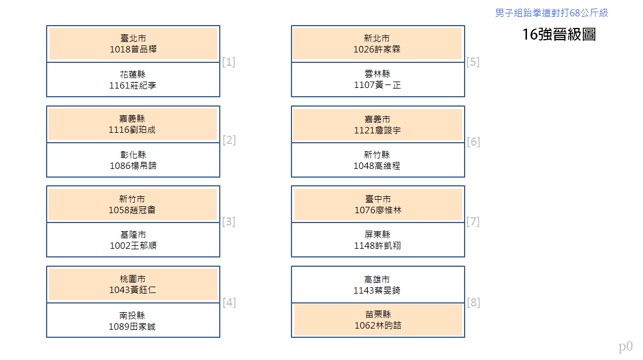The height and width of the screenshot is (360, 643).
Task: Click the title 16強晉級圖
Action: click(559, 34)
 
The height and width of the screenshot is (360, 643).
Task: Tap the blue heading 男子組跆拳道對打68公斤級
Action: click(551, 13)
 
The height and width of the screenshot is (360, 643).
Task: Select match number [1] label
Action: click(229, 62)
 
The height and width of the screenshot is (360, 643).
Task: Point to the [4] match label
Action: click(229, 303)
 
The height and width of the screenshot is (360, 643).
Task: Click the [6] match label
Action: click(473, 142)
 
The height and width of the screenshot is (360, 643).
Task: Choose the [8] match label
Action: click(473, 303)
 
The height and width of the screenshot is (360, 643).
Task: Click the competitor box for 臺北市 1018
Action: click(133, 44)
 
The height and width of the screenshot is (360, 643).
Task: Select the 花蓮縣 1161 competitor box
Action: click(133, 79)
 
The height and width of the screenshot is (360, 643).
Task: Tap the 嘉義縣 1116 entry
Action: click(133, 124)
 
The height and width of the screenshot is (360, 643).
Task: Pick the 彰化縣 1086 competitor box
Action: click(133, 160)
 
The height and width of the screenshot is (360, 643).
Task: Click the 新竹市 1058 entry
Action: click(133, 204)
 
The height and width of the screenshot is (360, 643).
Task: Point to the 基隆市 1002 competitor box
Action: click(133, 240)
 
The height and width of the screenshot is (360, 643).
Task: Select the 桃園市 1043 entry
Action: click(133, 285)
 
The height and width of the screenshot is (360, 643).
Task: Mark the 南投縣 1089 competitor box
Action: click(133, 320)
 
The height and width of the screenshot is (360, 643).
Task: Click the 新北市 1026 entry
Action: click(378, 44)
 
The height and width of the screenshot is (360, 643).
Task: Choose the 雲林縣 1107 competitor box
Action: click(378, 79)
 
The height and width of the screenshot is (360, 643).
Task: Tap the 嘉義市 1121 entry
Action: click(378, 124)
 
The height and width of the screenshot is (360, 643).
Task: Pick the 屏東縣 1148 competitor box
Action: click(378, 240)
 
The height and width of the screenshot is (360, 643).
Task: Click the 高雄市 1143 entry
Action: click(378, 285)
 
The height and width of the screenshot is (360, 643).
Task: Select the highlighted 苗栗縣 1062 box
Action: click(378, 320)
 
